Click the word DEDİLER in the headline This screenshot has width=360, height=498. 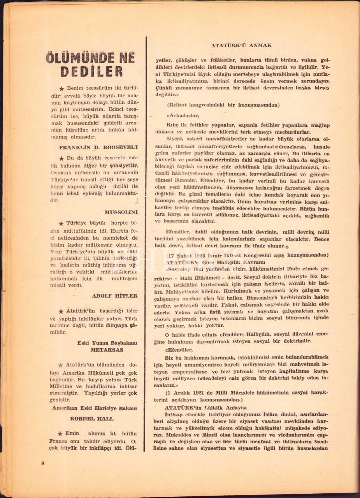(92, 71)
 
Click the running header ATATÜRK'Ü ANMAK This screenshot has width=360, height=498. (241, 46)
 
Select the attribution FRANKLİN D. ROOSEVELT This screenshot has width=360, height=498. (98, 147)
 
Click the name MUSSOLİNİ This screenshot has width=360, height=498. (121, 212)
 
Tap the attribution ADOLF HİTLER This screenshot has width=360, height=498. (114, 296)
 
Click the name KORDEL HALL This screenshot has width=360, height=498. (92, 419)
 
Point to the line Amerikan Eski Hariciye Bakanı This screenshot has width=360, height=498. (95, 408)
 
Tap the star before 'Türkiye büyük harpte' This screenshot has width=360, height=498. (61, 223)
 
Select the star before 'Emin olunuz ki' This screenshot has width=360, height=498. (60, 434)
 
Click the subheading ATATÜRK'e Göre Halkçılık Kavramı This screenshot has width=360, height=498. (205, 262)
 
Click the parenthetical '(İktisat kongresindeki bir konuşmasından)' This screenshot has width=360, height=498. (221, 105)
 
